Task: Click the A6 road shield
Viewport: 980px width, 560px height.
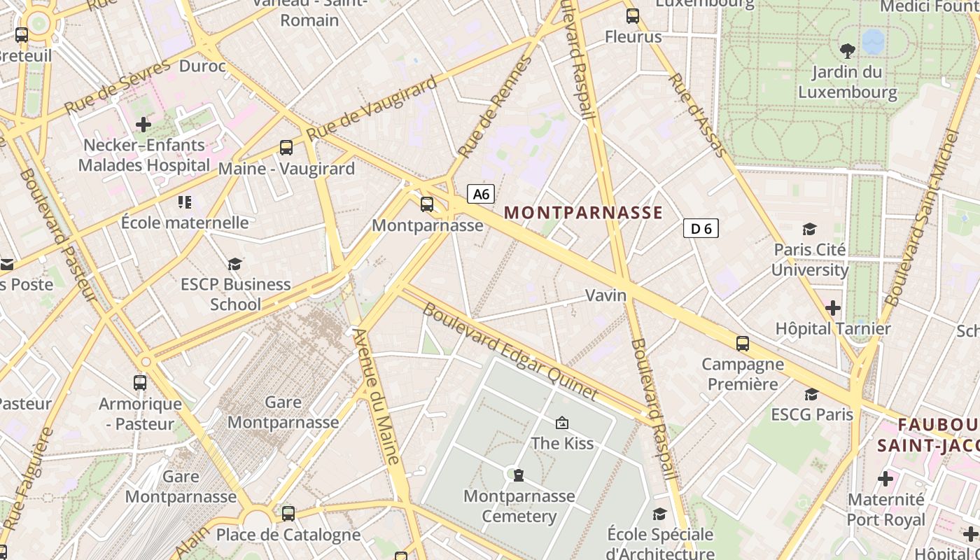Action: point(481,194)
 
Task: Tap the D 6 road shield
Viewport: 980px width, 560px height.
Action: point(701,228)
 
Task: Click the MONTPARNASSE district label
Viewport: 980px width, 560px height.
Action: point(583,213)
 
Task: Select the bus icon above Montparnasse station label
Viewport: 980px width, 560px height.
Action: point(427,204)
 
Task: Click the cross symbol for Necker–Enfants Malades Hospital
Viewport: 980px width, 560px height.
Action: point(143,125)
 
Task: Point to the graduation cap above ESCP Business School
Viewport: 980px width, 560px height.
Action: point(235,264)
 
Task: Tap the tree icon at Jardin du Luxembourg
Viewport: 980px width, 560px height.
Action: point(848,50)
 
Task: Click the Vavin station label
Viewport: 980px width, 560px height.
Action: point(605,295)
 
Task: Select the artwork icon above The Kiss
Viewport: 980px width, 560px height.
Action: point(561,423)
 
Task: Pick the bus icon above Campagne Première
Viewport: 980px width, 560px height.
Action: point(743,344)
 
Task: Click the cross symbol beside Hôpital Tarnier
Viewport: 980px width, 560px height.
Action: point(833,307)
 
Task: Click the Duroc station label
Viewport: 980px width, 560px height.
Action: point(203,66)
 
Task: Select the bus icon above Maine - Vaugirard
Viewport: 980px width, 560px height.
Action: point(286,148)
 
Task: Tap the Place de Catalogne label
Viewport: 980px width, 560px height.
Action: point(288,535)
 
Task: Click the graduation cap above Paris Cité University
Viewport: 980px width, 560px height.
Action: point(810,229)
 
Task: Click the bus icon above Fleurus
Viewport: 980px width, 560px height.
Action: point(633,15)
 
